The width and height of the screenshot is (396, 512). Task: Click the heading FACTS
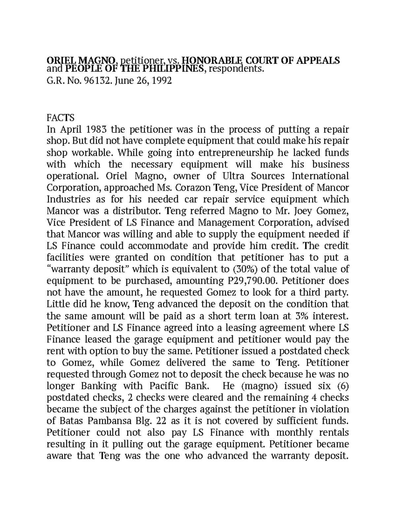61,118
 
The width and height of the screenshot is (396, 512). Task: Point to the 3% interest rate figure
301,316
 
